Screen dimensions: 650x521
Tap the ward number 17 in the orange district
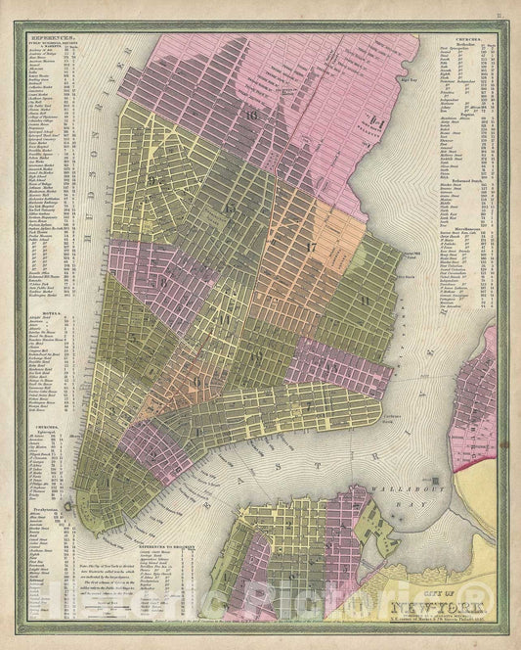pos(311,247)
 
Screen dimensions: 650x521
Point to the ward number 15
pos(230,208)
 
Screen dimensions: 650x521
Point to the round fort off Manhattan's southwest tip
pos(66,506)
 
